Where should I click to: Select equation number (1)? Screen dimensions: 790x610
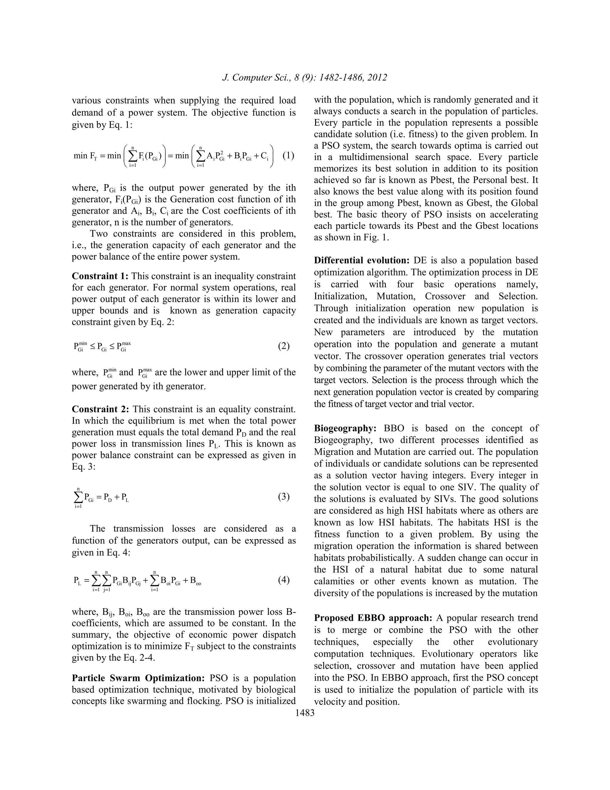288,156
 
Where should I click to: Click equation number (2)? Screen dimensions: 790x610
284,346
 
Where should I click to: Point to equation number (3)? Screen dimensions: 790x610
284,497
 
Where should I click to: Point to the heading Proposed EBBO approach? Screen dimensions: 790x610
373,618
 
